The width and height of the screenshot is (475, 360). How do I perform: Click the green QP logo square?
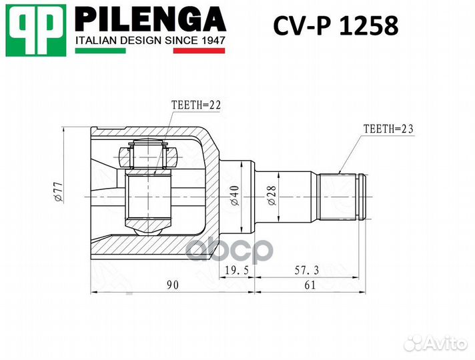(x=36, y=30)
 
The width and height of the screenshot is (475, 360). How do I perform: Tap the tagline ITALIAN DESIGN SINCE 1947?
(x=149, y=41)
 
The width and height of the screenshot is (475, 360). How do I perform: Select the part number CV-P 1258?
(x=336, y=26)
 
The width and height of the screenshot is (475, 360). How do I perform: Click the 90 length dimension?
(x=172, y=285)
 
